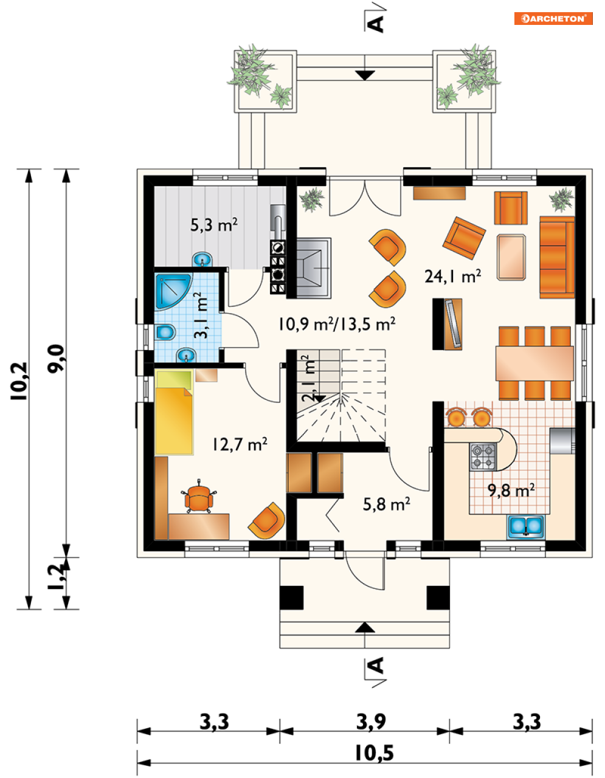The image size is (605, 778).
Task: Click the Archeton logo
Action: (x=553, y=19)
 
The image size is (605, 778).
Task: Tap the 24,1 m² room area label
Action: (x=453, y=276)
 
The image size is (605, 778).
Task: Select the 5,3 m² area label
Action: (x=213, y=225)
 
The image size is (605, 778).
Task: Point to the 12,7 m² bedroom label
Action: (x=240, y=444)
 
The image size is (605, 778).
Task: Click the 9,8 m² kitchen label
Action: (x=511, y=490)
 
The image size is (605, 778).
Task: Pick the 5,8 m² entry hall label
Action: (x=387, y=504)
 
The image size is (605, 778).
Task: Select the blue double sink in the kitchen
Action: (x=525, y=526)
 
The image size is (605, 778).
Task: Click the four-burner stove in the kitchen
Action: (x=483, y=456)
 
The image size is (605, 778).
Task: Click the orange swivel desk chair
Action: (x=199, y=497)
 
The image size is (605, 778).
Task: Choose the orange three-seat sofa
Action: (x=557, y=257)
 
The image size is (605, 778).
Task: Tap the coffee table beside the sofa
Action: (x=511, y=256)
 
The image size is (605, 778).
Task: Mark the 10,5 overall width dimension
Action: (x=375, y=752)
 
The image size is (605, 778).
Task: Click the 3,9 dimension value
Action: (x=371, y=721)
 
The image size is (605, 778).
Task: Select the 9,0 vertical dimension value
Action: (x=56, y=359)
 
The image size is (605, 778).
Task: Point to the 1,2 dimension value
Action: (x=56, y=577)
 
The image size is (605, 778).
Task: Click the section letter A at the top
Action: (x=376, y=24)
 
